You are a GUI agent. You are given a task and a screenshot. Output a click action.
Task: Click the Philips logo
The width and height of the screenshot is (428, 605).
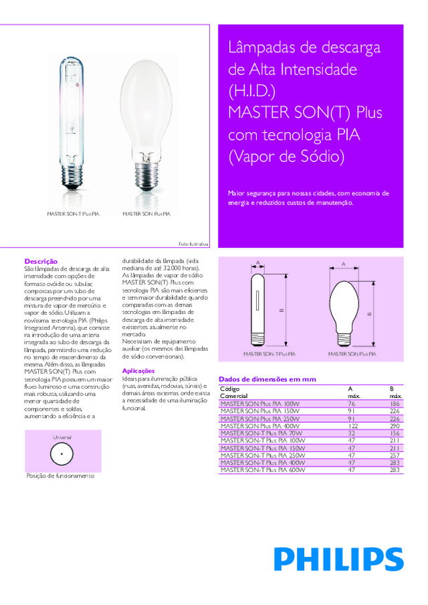click(x=338, y=558)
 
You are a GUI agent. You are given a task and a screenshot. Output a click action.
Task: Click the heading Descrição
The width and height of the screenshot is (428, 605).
click(x=41, y=260)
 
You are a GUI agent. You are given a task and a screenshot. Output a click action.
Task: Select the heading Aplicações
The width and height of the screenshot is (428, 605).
click(x=138, y=371)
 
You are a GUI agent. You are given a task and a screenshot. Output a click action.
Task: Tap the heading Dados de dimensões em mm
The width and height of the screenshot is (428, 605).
click(x=267, y=379)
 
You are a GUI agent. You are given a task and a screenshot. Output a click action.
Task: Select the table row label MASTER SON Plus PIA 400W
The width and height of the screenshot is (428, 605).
click(x=260, y=425)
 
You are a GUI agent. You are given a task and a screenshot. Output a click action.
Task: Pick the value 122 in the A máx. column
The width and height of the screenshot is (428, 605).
click(x=352, y=425)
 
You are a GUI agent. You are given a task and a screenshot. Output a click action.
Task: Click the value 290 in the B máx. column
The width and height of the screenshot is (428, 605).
click(x=395, y=425)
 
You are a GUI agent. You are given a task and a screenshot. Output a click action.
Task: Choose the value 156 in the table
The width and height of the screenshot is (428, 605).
click(x=395, y=433)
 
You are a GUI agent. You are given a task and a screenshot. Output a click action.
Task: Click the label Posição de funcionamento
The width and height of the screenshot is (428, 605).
click(x=60, y=476)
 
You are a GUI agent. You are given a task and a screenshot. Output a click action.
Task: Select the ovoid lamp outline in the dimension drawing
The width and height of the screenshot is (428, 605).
click(x=344, y=313)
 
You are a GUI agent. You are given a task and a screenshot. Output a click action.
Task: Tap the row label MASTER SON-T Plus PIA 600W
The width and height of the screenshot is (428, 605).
click(x=262, y=470)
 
